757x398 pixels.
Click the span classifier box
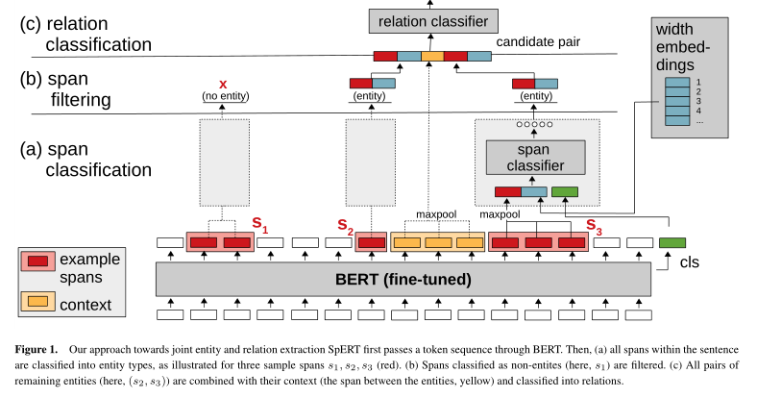click(536, 157)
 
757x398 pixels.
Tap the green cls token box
click(672, 243)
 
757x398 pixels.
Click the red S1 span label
click(258, 224)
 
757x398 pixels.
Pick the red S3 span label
click(594, 230)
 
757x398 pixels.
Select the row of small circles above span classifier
click(536, 125)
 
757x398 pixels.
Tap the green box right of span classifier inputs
click(565, 192)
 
